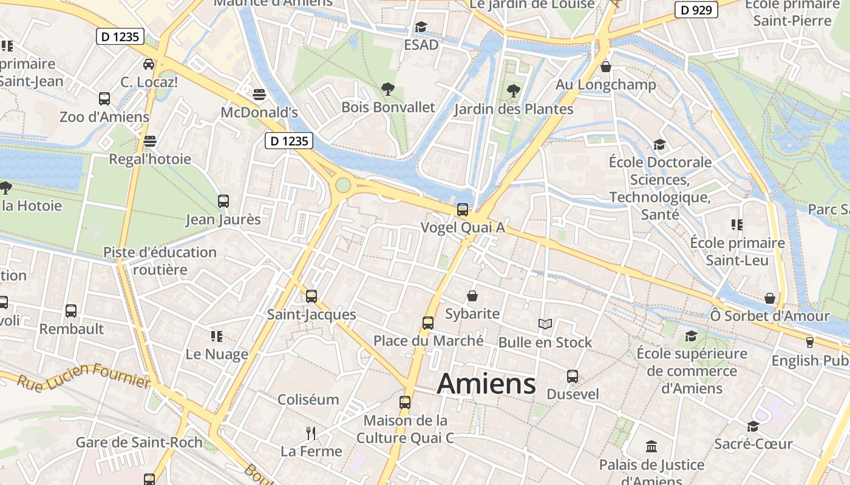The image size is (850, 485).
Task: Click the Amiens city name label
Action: pyautogui.click(x=486, y=384)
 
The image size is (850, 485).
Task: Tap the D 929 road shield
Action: pyautogui.click(x=696, y=10)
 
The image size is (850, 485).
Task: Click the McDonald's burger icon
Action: pyautogui.click(x=259, y=95)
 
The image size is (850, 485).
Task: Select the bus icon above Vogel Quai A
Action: pyautogui.click(x=463, y=210)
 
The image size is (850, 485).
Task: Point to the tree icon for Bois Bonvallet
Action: pyautogui.click(x=388, y=90)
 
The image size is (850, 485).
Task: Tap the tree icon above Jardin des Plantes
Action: pyautogui.click(x=514, y=92)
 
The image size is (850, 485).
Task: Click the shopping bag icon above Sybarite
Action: pyautogui.click(x=472, y=296)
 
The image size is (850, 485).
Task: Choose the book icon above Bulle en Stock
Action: pyautogui.click(x=545, y=324)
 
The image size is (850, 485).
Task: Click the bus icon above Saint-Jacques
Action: pyautogui.click(x=311, y=296)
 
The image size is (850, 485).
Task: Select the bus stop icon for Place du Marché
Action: pyautogui.click(x=428, y=323)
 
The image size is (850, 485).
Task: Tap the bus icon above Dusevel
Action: pyautogui.click(x=573, y=376)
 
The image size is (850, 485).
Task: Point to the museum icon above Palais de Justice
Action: pyautogui.click(x=651, y=447)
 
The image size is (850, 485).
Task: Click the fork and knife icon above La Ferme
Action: pyautogui.click(x=311, y=433)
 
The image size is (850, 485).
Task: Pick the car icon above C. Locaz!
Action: pyautogui.click(x=149, y=64)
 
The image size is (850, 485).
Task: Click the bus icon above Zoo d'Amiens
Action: pyautogui.click(x=104, y=98)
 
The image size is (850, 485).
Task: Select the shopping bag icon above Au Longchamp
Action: pyautogui.click(x=605, y=67)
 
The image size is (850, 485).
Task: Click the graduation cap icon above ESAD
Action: pyautogui.click(x=421, y=27)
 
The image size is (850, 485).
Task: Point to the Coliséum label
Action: pyautogui.click(x=308, y=400)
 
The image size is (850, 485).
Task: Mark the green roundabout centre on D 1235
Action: pyautogui.click(x=343, y=185)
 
